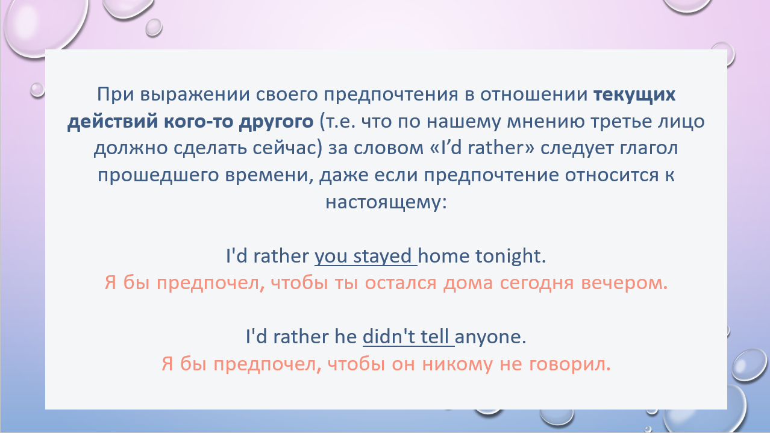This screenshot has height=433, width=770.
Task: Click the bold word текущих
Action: pos(634,95)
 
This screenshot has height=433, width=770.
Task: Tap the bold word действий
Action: pos(113,122)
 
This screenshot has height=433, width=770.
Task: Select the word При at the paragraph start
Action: pos(116,94)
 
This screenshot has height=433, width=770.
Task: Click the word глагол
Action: pos(649,149)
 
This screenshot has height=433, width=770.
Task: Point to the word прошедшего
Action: pos(158,175)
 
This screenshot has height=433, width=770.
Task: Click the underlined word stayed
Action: pos(382,256)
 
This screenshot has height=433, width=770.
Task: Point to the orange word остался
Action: pos(400,283)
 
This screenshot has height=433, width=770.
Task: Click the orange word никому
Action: pos(457,364)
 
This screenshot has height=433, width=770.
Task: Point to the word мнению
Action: pos(545,122)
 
